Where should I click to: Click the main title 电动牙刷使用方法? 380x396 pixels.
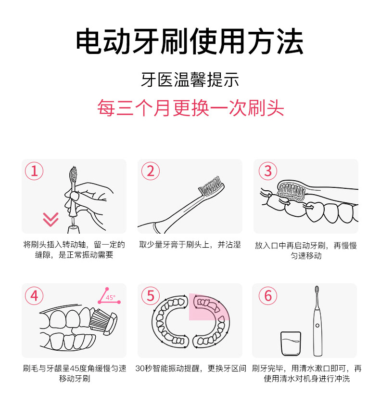point(190,42)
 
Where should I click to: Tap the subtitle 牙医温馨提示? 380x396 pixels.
point(190,79)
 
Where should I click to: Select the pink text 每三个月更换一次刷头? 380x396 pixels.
point(190,108)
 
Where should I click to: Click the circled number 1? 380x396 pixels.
point(34,171)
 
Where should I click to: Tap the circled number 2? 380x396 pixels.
point(151,171)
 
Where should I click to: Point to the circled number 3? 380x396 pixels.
point(268,171)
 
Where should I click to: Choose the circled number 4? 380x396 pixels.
point(34,295)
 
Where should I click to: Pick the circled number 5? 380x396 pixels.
point(151,295)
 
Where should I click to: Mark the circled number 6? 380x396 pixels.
point(268,295)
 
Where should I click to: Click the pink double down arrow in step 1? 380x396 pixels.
point(50,220)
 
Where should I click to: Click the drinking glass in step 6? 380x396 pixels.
point(291,344)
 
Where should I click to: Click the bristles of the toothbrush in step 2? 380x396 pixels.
point(212,185)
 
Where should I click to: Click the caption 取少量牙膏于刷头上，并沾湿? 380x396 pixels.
point(190,245)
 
